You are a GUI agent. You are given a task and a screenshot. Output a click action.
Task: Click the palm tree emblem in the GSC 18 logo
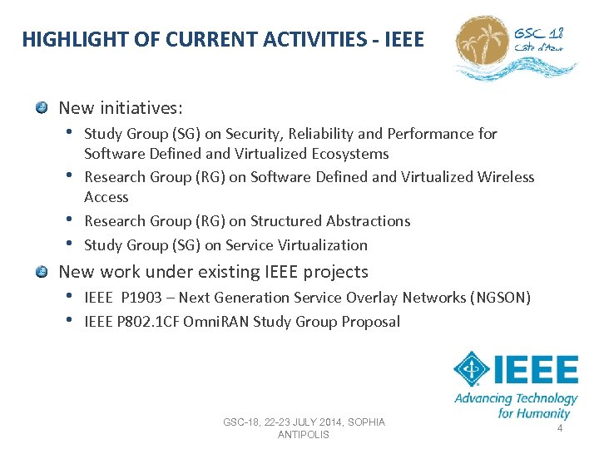point(483,42)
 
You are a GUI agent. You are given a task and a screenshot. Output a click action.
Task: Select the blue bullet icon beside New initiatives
point(42,108)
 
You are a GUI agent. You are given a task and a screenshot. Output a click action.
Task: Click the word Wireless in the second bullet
point(506,177)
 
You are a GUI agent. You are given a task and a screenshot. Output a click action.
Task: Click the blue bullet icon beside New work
point(42,272)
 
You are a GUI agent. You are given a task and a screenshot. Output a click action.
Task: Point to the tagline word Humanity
point(542,413)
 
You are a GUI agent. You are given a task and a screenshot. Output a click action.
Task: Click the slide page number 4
point(560,428)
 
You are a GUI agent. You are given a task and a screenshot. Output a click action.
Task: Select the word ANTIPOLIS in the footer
point(304,435)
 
